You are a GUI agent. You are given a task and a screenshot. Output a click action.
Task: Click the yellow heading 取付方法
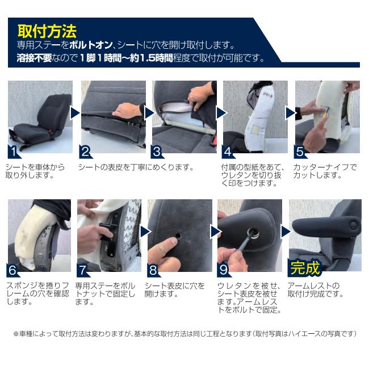tap(47, 31)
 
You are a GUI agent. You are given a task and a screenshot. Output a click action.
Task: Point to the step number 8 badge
tap(153, 270)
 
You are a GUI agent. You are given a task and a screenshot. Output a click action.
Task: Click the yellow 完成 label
tap(305, 268)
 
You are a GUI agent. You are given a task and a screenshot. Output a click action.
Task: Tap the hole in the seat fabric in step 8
tap(178, 236)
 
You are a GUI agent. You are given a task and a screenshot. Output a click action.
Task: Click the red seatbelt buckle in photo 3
tap(213, 140)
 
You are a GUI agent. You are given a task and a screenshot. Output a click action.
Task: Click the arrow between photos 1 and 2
tap(75, 113)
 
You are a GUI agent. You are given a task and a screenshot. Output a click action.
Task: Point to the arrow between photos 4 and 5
tap(291, 113)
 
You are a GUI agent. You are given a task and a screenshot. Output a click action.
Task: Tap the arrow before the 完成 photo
tap(286, 232)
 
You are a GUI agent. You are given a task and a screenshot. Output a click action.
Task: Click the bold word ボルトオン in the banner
tap(91, 45)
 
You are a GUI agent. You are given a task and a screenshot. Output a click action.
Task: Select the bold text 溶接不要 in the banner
tap(34, 58)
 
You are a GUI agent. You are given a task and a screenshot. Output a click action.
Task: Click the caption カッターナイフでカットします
tap(325, 171)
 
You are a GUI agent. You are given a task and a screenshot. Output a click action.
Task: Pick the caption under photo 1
tap(35, 171)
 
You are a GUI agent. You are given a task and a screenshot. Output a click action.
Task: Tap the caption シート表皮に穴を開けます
tap(174, 290)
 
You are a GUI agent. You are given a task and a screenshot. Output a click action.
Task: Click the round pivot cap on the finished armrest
tap(354, 225)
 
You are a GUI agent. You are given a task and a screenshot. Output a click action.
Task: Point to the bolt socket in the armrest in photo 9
tap(253, 233)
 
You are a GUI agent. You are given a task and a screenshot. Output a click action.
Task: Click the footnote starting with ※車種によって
tap(184, 333)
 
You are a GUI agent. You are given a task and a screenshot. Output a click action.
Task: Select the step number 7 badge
tap(82, 270)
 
